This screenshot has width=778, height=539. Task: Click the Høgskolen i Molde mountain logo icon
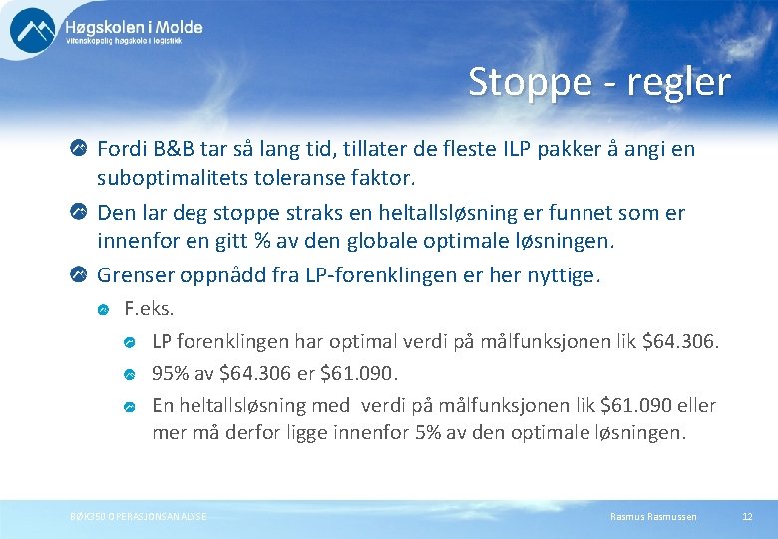point(32,30)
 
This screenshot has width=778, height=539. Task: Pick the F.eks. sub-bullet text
point(148,310)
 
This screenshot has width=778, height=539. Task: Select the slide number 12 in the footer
point(747,516)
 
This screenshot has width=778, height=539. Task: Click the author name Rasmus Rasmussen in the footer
point(653,516)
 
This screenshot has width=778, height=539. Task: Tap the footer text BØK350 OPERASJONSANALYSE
point(139,516)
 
